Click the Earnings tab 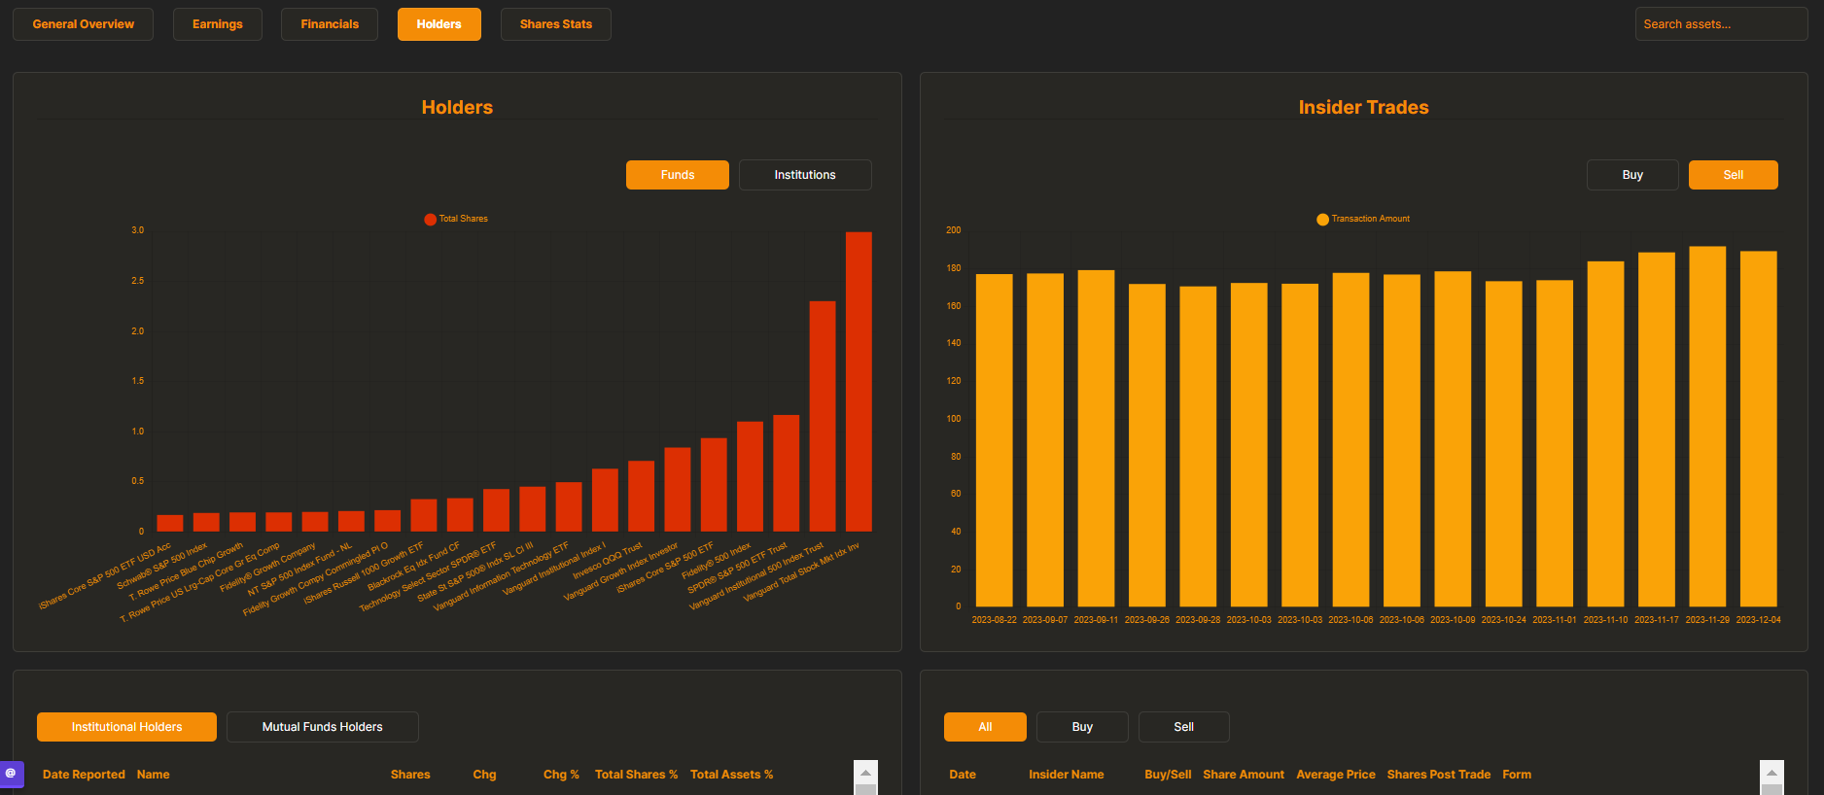point(217,24)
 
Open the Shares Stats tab point(555,24)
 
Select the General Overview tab point(83,24)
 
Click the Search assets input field point(1720,24)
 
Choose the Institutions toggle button point(804,175)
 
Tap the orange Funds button point(677,175)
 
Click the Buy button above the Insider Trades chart point(1631,175)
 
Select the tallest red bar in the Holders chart point(859,381)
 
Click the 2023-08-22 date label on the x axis point(994,620)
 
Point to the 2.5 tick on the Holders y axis point(138,281)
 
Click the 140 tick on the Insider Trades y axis point(953,343)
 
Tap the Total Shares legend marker point(431,220)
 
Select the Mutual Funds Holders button point(322,727)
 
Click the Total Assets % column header point(731,775)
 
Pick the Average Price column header point(1335,775)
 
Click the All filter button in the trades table point(984,727)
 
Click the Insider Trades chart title point(1363,108)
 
